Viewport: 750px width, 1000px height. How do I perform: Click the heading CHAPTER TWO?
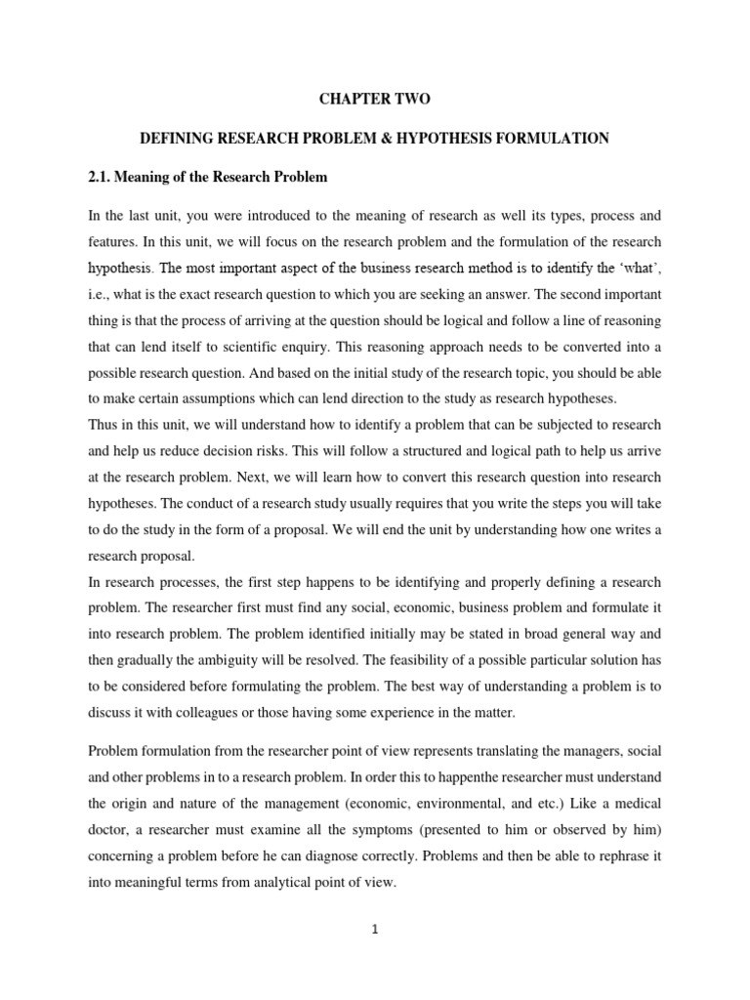374,99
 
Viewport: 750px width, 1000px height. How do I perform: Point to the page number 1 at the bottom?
374,930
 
